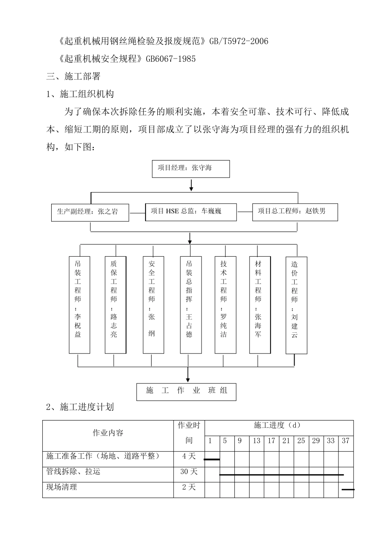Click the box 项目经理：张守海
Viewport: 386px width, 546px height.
tap(191, 169)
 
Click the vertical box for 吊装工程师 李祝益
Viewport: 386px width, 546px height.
tap(79, 304)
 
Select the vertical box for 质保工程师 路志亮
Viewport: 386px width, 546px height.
tap(115, 304)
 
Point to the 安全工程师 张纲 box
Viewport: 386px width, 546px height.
tap(154, 304)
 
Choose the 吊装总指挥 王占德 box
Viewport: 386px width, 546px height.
tap(191, 304)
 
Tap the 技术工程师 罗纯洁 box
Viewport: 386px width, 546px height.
tap(225, 304)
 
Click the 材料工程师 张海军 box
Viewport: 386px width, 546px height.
tap(260, 304)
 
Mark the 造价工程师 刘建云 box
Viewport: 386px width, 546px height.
tap(296, 304)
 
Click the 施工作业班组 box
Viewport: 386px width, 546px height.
tap(186, 392)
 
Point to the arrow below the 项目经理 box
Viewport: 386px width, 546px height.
tap(191, 185)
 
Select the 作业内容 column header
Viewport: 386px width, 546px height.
tap(108, 433)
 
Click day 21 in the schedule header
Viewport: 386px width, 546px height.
tap(286, 441)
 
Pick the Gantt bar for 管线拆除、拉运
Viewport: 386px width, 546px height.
tap(281, 474)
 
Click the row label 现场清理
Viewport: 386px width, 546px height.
tap(62, 487)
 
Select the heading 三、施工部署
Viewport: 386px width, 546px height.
tap(74, 76)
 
